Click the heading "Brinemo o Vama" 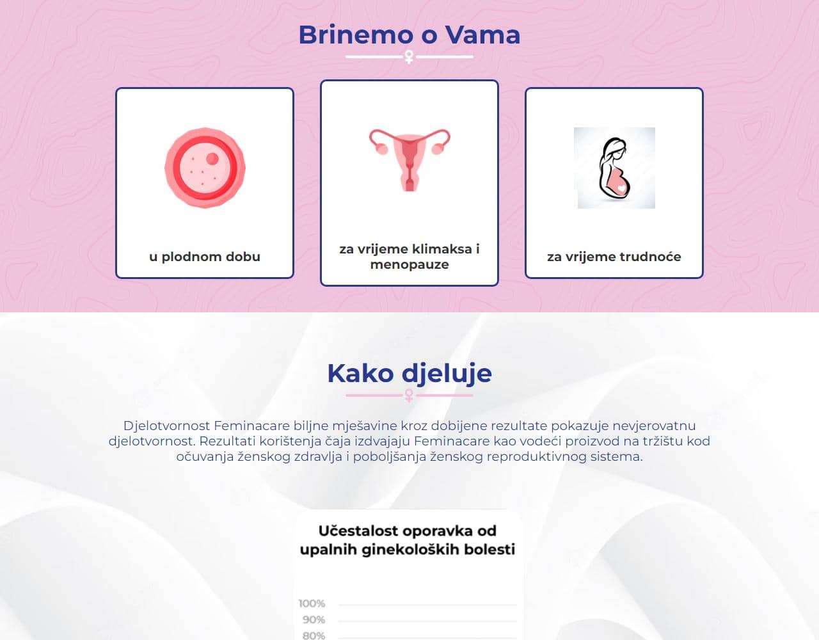point(409,35)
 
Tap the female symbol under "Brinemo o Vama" point(409,58)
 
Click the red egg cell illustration point(205,168)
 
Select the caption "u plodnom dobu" point(205,257)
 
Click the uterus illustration point(409,159)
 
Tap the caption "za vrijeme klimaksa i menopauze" point(409,257)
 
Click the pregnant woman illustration point(614,168)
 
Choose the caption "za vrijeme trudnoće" point(614,257)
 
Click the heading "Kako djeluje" point(409,372)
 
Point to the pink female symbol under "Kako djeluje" point(409,396)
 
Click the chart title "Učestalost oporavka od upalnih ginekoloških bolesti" point(408,540)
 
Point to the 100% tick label point(312,604)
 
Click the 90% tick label point(314,620)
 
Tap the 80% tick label point(314,636)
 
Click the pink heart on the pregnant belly point(621,188)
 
